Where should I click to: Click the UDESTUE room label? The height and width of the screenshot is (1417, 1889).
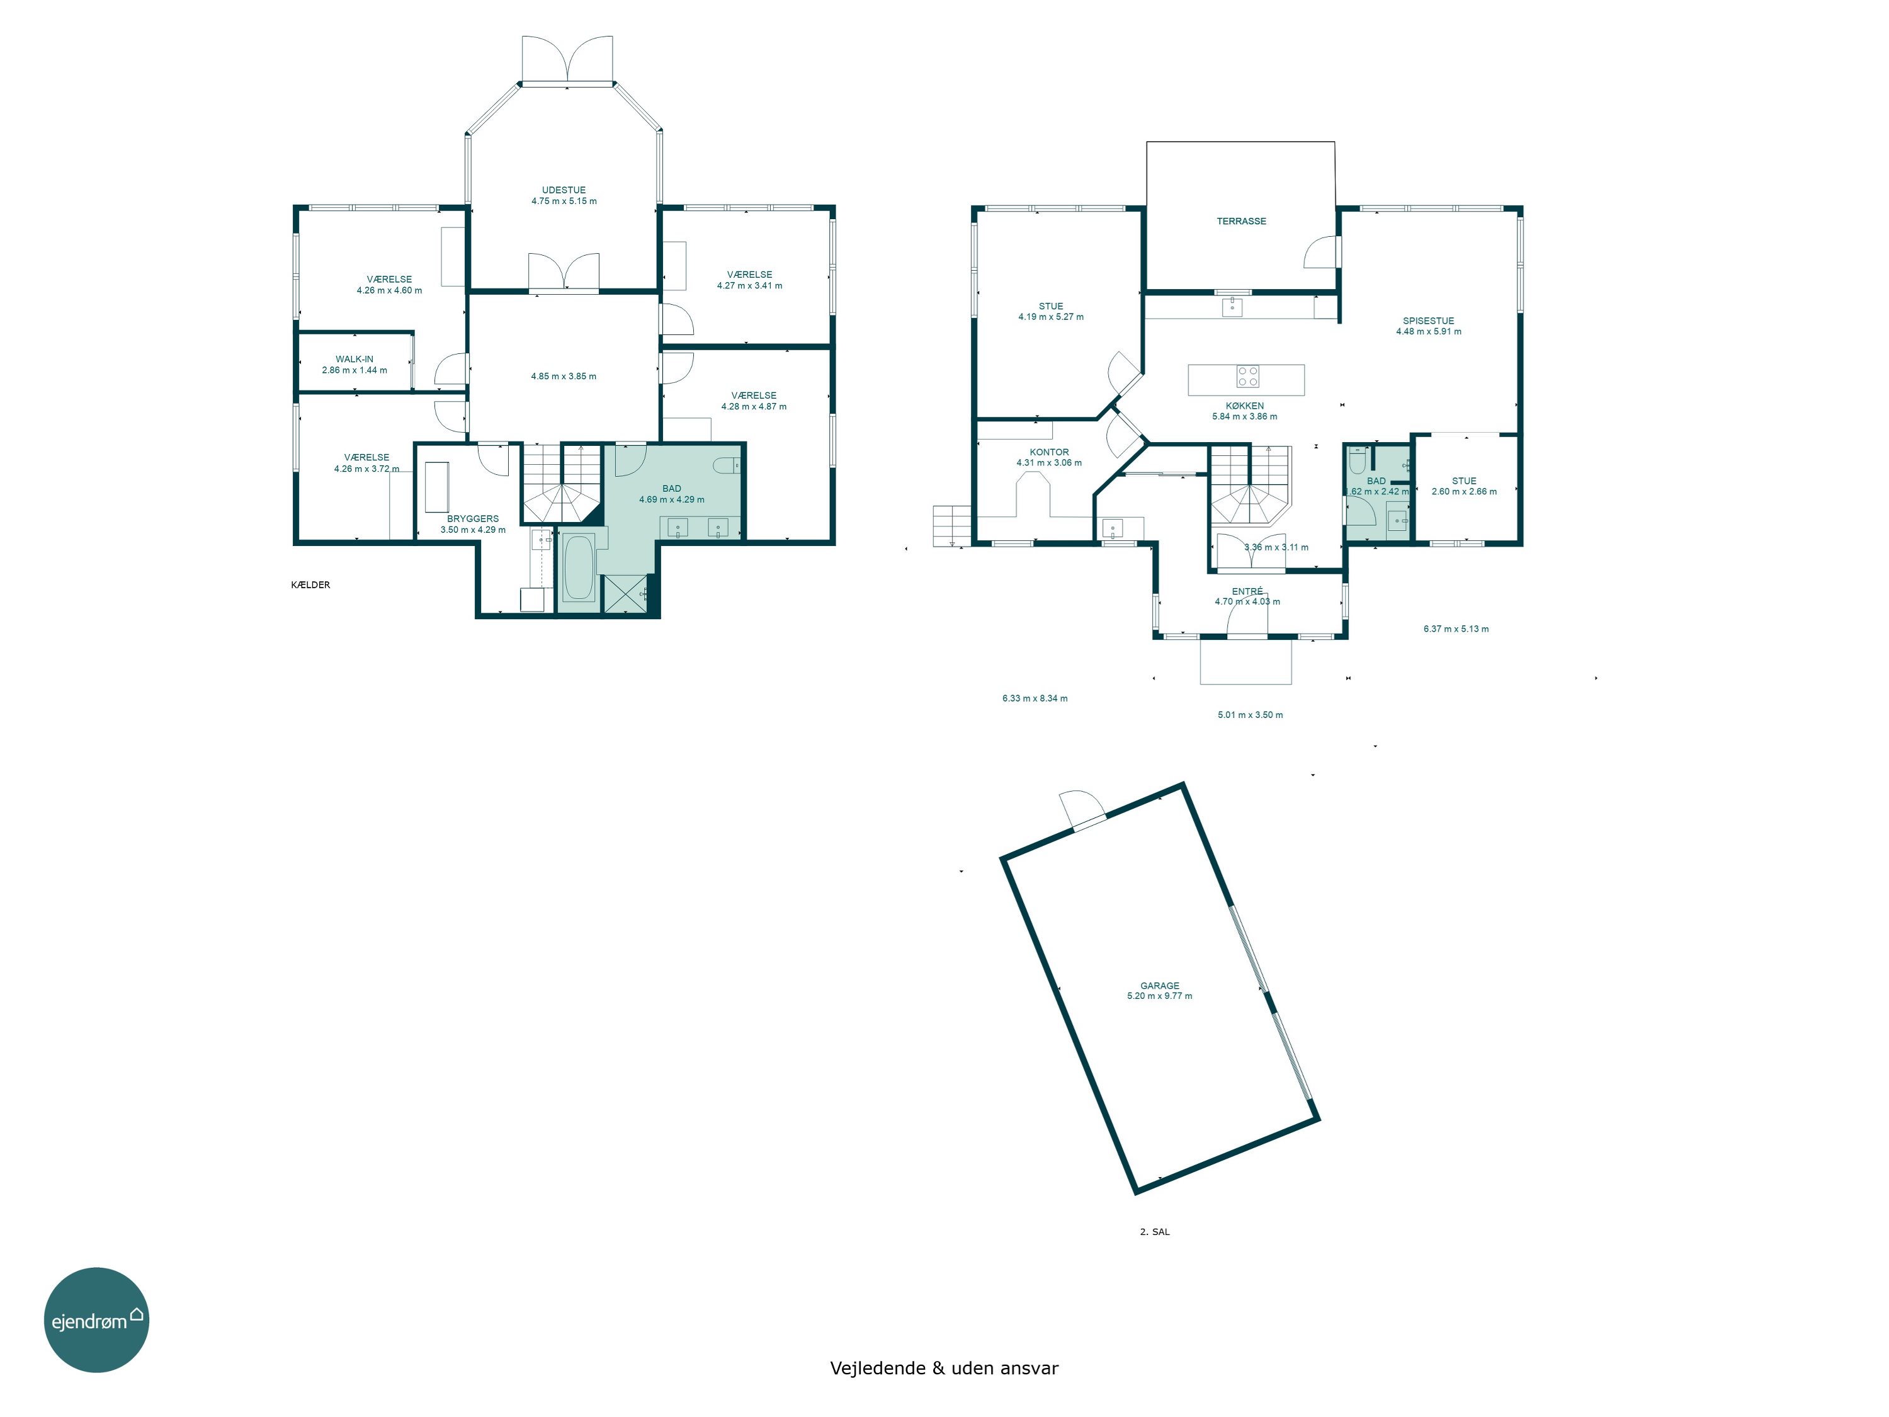[564, 190]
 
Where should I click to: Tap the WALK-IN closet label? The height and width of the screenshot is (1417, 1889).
[355, 360]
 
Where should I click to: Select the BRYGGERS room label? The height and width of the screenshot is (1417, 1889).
[473, 518]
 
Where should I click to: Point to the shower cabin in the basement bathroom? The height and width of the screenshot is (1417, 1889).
[625, 594]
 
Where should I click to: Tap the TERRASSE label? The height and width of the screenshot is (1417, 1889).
[1242, 221]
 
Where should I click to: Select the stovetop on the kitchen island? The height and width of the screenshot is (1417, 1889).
[1247, 376]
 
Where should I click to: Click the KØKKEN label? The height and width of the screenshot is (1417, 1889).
[1245, 406]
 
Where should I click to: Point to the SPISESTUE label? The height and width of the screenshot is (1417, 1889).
[1429, 321]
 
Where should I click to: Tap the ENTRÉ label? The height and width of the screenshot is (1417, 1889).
[1247, 591]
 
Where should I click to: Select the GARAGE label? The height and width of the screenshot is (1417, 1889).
[1160, 986]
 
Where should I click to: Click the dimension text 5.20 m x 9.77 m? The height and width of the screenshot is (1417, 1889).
[1160, 996]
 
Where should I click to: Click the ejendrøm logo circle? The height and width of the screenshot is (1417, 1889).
[96, 1319]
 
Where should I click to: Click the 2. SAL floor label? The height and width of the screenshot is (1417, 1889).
[1155, 1232]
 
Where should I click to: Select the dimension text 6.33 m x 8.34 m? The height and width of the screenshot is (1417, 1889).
[1035, 698]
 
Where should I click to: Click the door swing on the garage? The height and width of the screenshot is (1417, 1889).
[1079, 807]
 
